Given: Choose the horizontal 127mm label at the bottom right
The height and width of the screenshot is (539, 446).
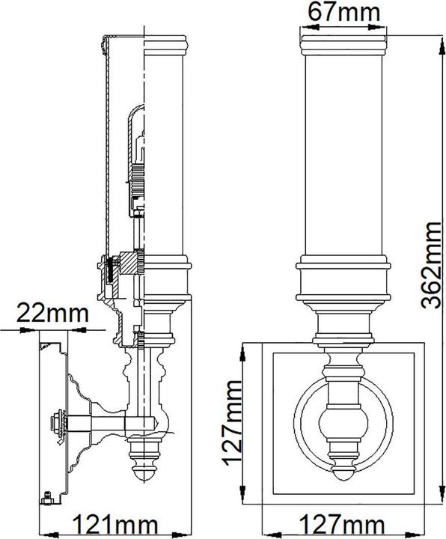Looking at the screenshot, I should click(344, 523).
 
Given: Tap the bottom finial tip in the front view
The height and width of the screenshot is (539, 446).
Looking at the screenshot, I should click(343, 475).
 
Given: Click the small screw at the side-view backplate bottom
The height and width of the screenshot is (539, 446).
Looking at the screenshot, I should click(46, 495).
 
